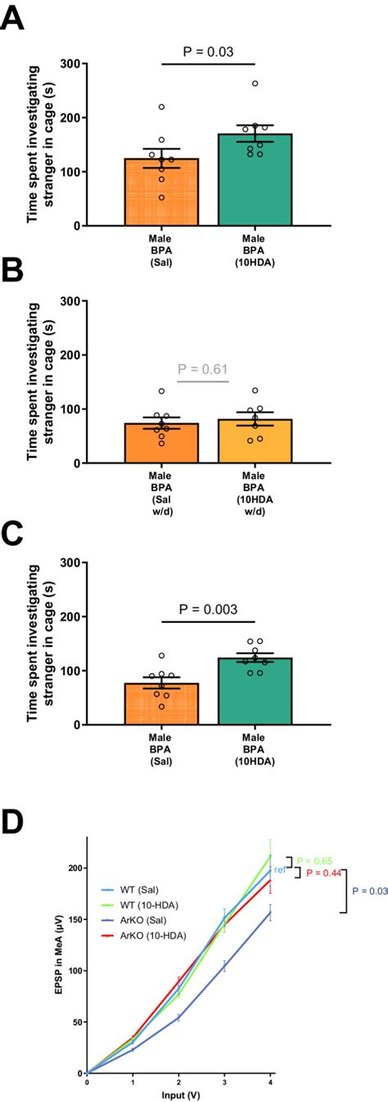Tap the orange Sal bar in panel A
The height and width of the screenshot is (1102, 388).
click(160, 192)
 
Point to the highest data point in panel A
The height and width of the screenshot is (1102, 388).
click(255, 84)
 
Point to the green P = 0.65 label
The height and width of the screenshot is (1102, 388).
click(314, 860)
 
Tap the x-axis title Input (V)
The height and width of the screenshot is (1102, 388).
click(178, 1093)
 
